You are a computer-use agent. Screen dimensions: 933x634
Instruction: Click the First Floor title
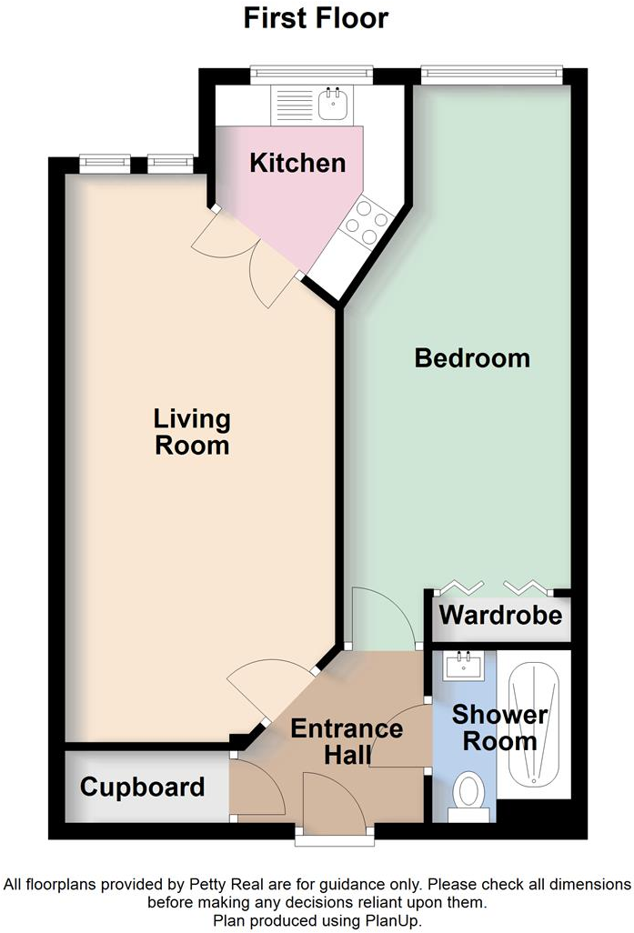[x=316, y=17]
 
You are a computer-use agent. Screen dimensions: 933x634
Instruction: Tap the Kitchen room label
[x=297, y=163]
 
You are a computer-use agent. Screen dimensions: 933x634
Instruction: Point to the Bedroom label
[x=472, y=357]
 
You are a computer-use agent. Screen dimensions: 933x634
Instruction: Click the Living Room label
[x=192, y=433]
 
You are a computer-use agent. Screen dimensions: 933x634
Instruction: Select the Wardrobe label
[x=500, y=615]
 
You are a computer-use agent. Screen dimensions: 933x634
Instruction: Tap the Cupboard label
[x=142, y=787]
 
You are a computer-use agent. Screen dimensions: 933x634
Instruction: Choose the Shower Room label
[x=499, y=727]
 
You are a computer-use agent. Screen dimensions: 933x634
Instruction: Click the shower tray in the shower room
[x=535, y=723]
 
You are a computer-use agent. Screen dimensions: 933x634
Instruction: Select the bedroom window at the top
[x=491, y=73]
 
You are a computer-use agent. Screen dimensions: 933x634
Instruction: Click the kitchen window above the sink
[x=311, y=73]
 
